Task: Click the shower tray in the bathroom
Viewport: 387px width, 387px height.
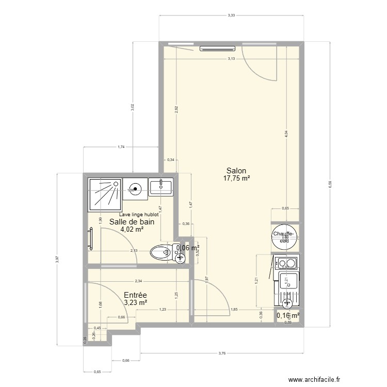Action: coord(105,195)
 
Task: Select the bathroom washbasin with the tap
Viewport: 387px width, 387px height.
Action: coord(161,187)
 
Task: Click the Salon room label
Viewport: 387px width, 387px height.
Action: coord(236,171)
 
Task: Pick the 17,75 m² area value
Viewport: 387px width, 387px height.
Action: coord(236,179)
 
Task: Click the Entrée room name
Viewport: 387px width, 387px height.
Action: coord(135,295)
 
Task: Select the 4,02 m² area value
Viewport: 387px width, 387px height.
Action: coord(132,230)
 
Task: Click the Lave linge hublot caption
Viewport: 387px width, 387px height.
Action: coord(138,215)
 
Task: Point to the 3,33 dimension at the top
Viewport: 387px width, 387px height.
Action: coord(232,15)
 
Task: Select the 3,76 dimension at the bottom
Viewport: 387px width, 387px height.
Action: coord(222,353)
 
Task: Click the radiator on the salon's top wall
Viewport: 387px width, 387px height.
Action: coord(217,49)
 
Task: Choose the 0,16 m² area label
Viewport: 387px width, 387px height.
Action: coord(288,315)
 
